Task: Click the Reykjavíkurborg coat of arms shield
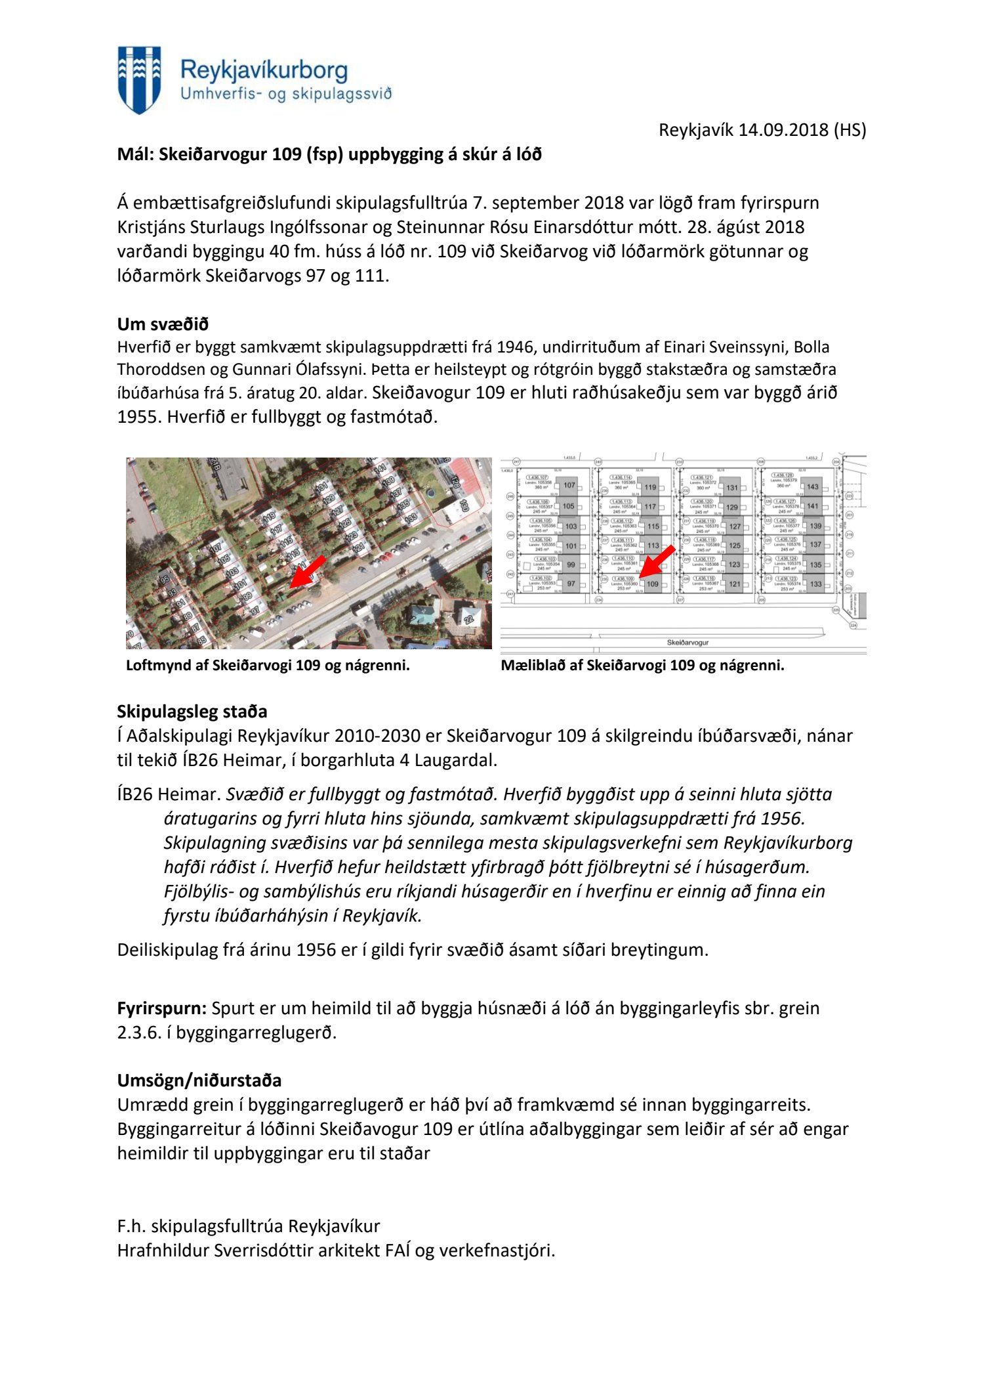tap(139, 79)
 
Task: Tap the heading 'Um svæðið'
tap(163, 324)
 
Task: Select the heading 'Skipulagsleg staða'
tap(192, 712)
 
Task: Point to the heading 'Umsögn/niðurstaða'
tap(199, 1080)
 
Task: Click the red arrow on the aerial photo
tap(307, 571)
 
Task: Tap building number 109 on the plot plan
tap(653, 584)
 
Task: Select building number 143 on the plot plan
tap(813, 487)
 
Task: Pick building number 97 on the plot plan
tap(571, 584)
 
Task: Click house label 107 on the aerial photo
tap(217, 545)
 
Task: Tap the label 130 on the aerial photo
tap(464, 504)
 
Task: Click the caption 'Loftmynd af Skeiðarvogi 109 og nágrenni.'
tap(268, 666)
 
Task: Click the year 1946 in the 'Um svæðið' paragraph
tap(518, 347)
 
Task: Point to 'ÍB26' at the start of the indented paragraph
tap(134, 794)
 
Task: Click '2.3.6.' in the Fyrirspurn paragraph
tap(134, 1032)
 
